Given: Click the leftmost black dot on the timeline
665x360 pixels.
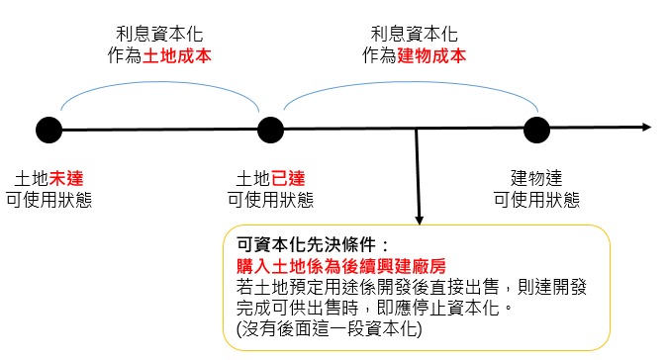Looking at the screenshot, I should tap(48, 129).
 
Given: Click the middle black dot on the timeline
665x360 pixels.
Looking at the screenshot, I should tap(270, 129).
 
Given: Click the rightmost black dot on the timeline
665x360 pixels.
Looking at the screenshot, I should tap(536, 129).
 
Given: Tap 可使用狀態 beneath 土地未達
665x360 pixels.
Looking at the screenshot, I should tap(49, 199).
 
